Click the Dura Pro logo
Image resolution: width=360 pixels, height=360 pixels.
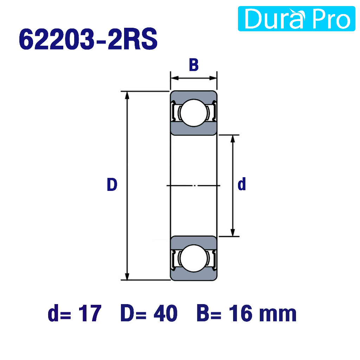pyautogui.click(x=296, y=19)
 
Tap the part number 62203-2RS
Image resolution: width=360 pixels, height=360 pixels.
pyautogui.click(x=88, y=39)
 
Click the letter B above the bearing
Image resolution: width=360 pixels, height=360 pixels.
pyautogui.click(x=194, y=65)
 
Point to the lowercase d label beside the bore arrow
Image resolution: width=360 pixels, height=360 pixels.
pyautogui.click(x=242, y=184)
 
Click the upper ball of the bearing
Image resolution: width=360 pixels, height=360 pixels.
pyautogui.click(x=194, y=113)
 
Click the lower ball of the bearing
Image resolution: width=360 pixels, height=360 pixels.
pyautogui.click(x=194, y=258)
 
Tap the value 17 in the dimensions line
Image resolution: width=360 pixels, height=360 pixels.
pyautogui.click(x=90, y=313)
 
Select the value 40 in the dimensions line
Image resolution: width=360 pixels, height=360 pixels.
pyautogui.click(x=165, y=313)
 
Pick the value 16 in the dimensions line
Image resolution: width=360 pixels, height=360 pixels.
pyautogui.click(x=240, y=313)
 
